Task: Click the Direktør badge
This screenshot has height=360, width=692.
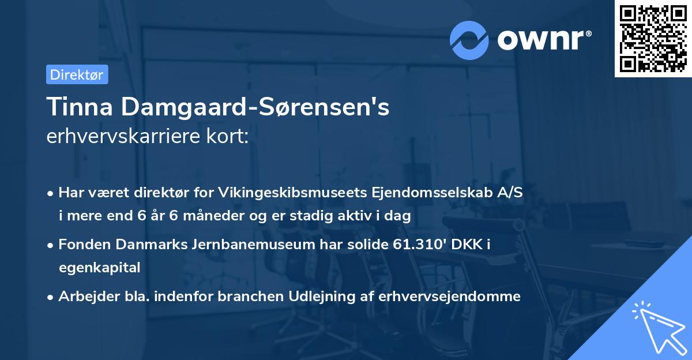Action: (77, 74)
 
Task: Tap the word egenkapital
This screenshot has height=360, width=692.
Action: (99, 268)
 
